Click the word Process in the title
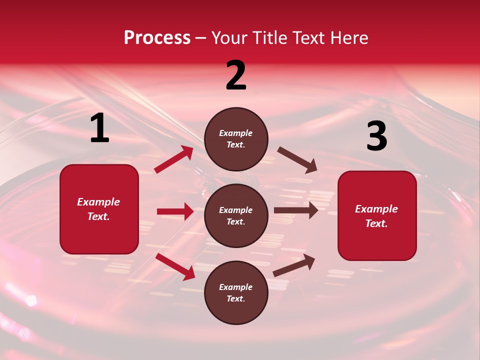point(157,38)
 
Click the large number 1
point(99,128)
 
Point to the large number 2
point(236,75)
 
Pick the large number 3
point(376,136)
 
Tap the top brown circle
point(236,139)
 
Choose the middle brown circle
point(236,216)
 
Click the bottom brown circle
point(236,293)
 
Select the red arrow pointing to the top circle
point(174,159)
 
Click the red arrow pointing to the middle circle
point(175,211)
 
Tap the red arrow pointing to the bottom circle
point(175,266)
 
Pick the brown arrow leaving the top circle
point(297,160)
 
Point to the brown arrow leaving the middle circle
point(296,210)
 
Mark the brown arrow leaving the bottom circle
point(294,265)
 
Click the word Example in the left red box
point(98,202)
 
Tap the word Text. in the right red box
point(376,223)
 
